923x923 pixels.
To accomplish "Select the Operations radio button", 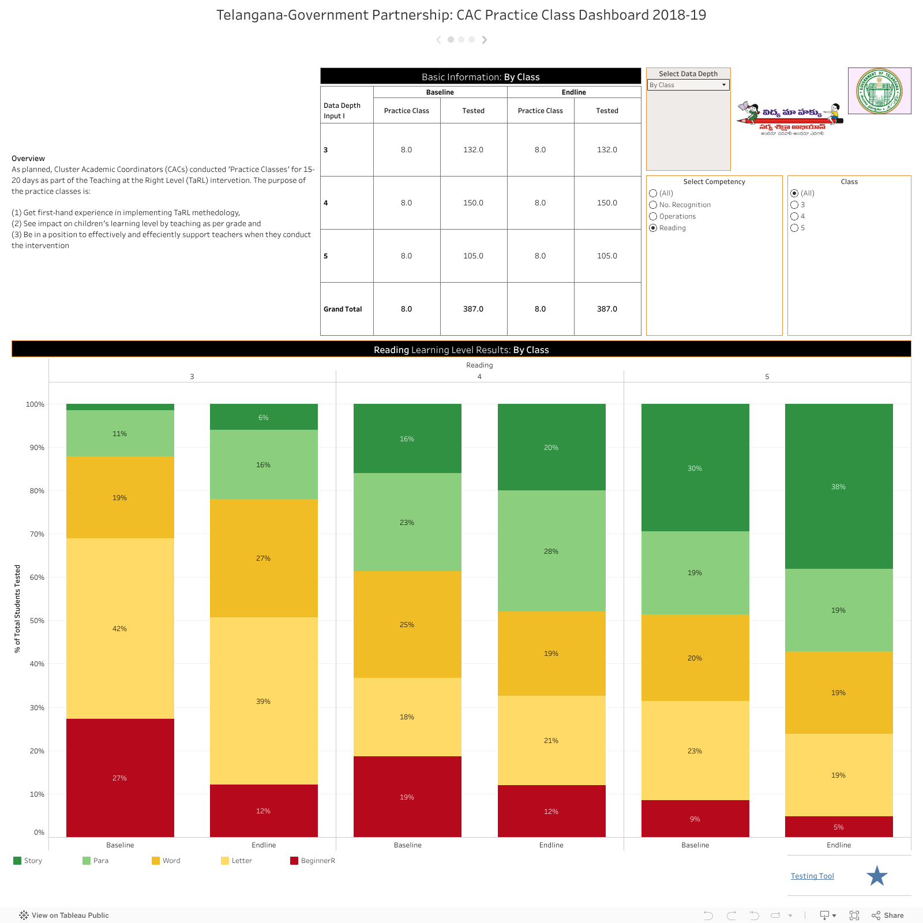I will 653,216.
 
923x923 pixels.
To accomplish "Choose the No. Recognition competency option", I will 653,205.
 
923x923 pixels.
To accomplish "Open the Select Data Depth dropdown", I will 688,85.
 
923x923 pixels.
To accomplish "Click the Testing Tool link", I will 812,876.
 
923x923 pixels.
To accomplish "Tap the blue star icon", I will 877,876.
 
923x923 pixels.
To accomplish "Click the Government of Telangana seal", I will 879,91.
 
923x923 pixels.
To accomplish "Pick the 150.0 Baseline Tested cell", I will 473,203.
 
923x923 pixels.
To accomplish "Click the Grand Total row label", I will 343,309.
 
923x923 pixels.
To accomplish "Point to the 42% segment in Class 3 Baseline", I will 120,628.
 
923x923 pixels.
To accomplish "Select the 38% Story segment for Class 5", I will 839,486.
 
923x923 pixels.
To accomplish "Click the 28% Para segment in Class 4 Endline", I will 551,551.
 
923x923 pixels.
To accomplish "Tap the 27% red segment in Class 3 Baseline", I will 120,778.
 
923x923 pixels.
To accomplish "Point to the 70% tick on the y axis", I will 37,534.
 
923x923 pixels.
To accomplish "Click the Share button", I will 888,915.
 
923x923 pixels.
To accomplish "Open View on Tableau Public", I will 64,915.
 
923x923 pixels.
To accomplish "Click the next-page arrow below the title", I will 485,40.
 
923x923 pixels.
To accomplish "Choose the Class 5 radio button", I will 794,228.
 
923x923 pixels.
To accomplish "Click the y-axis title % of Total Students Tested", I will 17,609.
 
